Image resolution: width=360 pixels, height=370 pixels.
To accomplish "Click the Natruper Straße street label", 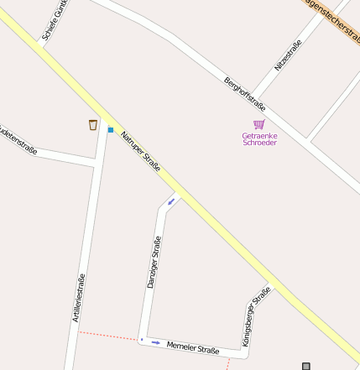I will [x=140, y=151].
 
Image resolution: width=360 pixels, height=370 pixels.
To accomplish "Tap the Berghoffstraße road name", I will [x=244, y=94].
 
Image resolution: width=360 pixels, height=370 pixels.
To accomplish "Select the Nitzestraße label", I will [x=288, y=55].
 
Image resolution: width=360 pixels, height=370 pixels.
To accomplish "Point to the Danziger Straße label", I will [x=154, y=262].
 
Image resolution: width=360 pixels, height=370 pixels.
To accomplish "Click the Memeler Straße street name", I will [x=193, y=348].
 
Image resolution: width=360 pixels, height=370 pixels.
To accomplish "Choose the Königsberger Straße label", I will [x=256, y=317].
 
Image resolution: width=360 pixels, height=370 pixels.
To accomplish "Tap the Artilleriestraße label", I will [x=79, y=298].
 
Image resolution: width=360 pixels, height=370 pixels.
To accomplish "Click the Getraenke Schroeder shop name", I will [x=259, y=139].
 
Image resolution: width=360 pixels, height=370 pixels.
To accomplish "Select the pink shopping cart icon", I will [x=259, y=124].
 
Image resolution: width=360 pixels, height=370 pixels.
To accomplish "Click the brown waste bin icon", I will [x=93, y=125].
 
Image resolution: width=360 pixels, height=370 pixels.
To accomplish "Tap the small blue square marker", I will [x=110, y=130].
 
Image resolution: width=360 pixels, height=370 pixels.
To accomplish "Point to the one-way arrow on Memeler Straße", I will [x=155, y=342].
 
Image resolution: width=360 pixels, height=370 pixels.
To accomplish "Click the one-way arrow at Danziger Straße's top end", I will [x=171, y=201].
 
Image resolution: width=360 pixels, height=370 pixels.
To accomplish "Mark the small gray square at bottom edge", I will [x=306, y=366].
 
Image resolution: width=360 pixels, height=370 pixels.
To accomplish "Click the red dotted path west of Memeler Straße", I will [x=109, y=336].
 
